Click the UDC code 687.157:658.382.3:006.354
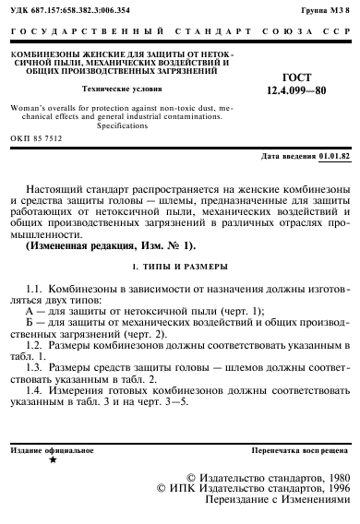69,8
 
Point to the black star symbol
53,458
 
